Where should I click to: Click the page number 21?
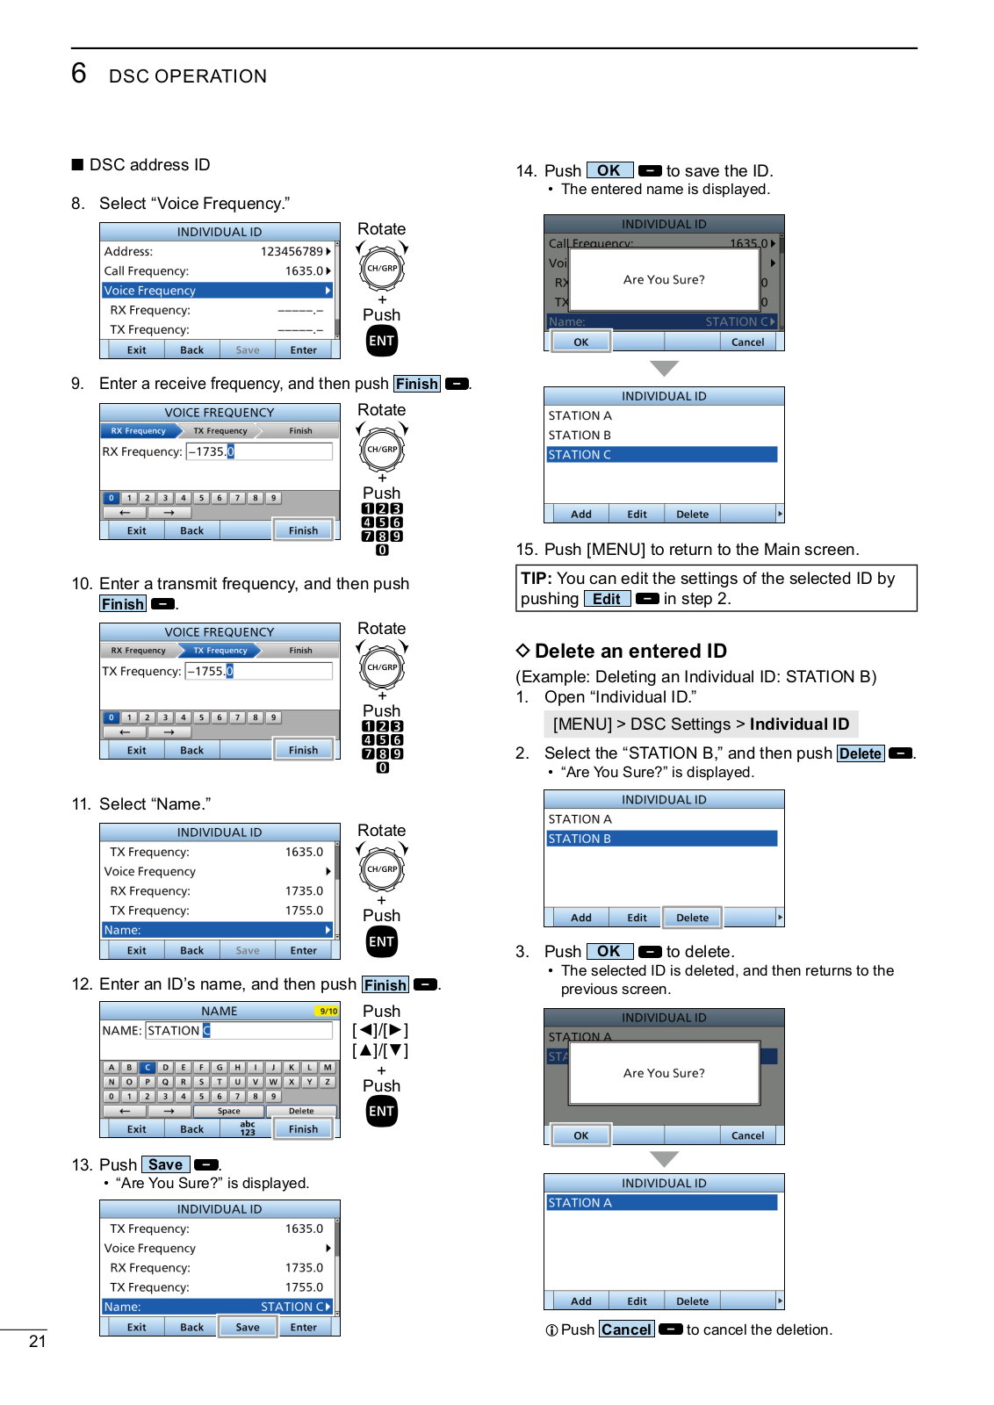click(x=38, y=1341)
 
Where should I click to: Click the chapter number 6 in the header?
click(x=79, y=73)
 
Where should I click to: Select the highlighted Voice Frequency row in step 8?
click(x=217, y=291)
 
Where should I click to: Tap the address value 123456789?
click(x=292, y=251)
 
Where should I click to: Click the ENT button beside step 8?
click(x=382, y=341)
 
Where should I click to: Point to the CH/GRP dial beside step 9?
click(x=382, y=449)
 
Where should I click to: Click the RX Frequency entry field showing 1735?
click(x=259, y=451)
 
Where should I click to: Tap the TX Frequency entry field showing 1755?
click(x=259, y=671)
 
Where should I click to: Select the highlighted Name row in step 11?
click(x=217, y=930)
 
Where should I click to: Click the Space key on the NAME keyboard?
click(x=229, y=1111)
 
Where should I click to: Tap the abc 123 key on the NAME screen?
click(x=248, y=1128)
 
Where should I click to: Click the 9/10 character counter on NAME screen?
click(x=328, y=1012)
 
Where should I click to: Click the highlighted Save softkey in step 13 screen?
click(x=248, y=1327)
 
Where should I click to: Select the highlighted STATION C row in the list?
click(x=662, y=455)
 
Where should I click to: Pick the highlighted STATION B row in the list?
click(x=662, y=839)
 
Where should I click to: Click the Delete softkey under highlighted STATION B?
click(x=692, y=918)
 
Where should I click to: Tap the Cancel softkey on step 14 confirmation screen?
click(x=747, y=342)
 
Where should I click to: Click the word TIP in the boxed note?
click(x=536, y=579)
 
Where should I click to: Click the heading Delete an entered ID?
click(x=630, y=651)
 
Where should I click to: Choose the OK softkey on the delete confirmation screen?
click(x=580, y=1135)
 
